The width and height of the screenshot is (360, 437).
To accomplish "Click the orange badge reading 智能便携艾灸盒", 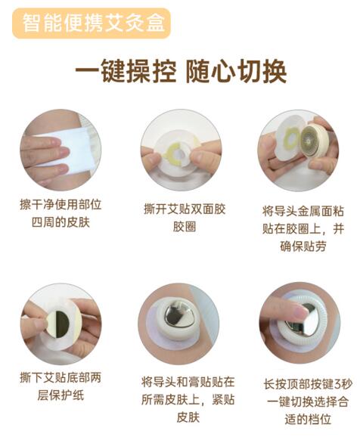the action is (x=92, y=23).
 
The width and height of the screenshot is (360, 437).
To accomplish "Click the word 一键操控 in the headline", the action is (x=126, y=71).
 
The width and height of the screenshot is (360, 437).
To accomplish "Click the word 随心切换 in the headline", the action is (x=236, y=71).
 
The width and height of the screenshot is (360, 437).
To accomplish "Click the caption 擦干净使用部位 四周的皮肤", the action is (x=61, y=213).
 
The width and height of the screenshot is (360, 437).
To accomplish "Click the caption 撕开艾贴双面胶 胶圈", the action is (x=185, y=218).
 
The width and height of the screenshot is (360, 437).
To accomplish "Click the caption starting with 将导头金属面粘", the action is (x=303, y=229).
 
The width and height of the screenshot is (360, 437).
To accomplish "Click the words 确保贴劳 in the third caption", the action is (x=303, y=246).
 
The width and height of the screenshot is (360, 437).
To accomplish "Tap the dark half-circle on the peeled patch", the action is (x=62, y=324).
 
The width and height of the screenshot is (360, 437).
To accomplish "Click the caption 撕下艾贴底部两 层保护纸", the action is (x=61, y=386).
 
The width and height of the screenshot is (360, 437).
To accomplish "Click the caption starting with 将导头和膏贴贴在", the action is (x=188, y=399).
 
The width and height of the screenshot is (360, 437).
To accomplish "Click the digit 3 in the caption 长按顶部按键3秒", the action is (x=337, y=384).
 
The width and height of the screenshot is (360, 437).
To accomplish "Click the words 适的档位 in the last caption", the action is (x=308, y=419).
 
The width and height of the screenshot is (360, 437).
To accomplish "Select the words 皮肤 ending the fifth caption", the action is (x=188, y=417).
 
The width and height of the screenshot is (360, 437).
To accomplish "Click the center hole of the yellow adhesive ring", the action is (x=181, y=153).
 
